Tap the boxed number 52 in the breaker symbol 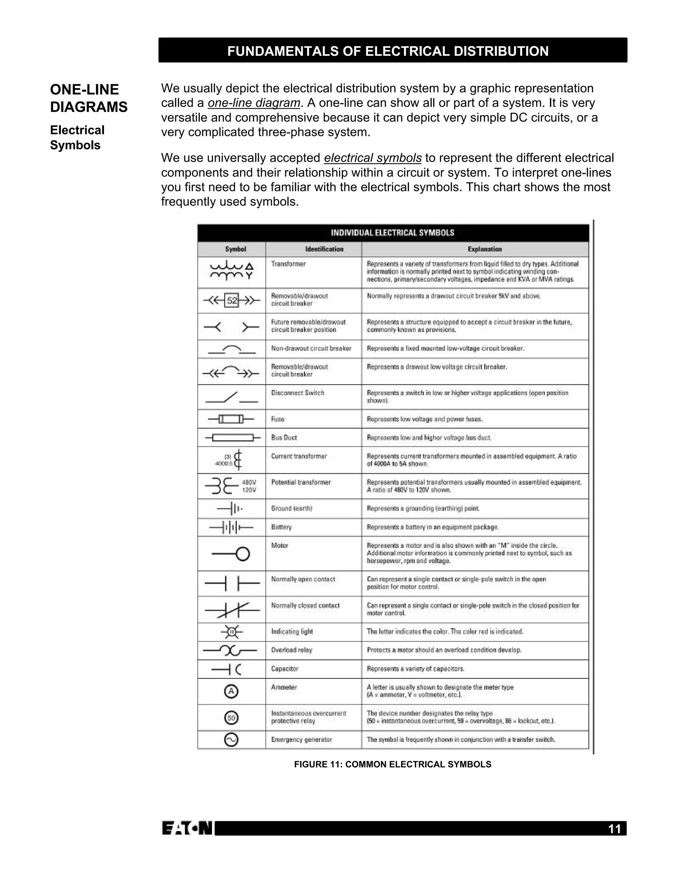(x=232, y=301)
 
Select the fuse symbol (x=231, y=419)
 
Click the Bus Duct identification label (x=284, y=438)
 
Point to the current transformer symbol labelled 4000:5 (x=238, y=460)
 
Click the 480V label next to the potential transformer (x=249, y=482)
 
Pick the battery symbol (x=231, y=527)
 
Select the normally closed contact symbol (x=232, y=610)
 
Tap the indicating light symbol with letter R (x=232, y=632)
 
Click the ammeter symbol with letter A (x=231, y=691)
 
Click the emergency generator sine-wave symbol (x=231, y=740)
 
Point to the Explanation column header (x=485, y=249)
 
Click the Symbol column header (x=236, y=249)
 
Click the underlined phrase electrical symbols (x=373, y=158)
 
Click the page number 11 (x=614, y=828)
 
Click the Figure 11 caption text (x=392, y=764)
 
